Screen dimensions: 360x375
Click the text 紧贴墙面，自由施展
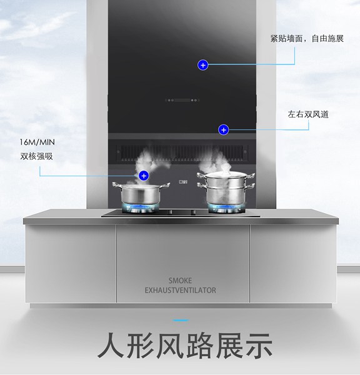click(x=307, y=39)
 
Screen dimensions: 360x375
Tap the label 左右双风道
click(x=308, y=114)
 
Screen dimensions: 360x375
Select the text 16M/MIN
click(x=37, y=142)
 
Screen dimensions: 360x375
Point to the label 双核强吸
click(x=36, y=156)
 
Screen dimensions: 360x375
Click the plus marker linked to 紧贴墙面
click(x=203, y=65)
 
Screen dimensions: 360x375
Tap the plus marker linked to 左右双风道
click(x=223, y=130)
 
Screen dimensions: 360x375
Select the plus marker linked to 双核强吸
click(x=144, y=176)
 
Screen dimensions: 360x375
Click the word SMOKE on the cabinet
click(x=180, y=281)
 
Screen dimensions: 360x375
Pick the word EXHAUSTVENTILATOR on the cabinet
click(x=180, y=291)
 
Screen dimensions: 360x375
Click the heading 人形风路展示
click(x=185, y=346)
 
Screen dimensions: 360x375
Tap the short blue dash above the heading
click(x=181, y=320)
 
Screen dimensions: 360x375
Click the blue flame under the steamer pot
click(x=226, y=207)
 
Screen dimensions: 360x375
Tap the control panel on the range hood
click(x=182, y=100)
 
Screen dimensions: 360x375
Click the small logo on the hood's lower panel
click(x=183, y=182)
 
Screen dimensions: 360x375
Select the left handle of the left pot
click(x=117, y=185)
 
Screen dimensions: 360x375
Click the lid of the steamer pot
click(x=226, y=174)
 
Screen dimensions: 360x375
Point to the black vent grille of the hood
click(x=182, y=152)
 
